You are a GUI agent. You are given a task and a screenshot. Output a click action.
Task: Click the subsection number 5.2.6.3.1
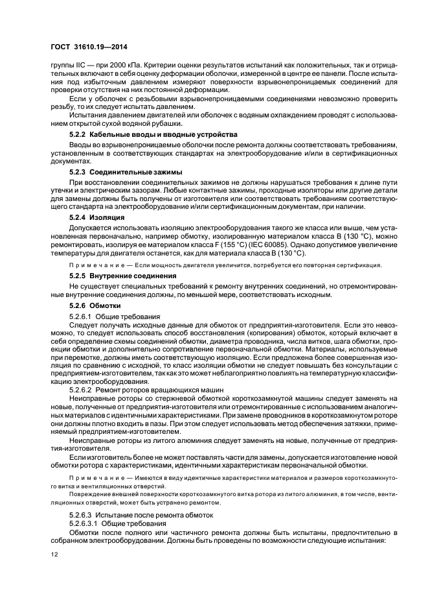coord(83,523)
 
